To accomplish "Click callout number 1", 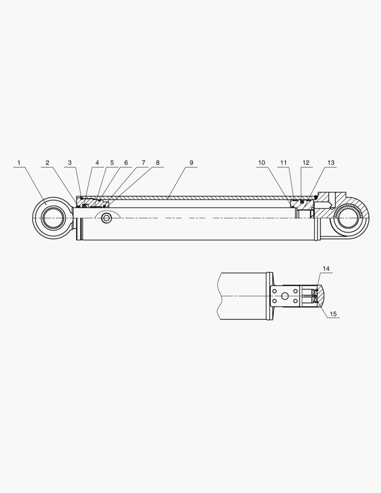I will click(19, 163).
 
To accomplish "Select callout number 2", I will click(47, 163).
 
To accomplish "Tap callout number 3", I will click(69, 163).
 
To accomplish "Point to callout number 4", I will click(97, 163).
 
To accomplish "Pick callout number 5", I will click(112, 163).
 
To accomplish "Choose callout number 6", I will click(126, 163).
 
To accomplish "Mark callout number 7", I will click(143, 163).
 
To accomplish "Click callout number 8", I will click(157, 163).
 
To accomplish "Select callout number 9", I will click(191, 163).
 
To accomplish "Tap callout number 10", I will click(261, 163).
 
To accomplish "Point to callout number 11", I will click(283, 163).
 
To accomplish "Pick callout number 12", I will click(306, 163).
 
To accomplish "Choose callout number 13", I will click(331, 163).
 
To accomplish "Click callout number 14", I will click(326, 268).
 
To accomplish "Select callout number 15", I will click(333, 314).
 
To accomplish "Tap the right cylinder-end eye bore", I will click(349, 218).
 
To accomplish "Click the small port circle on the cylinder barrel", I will click(107, 218).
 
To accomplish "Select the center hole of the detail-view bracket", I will click(285, 296).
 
